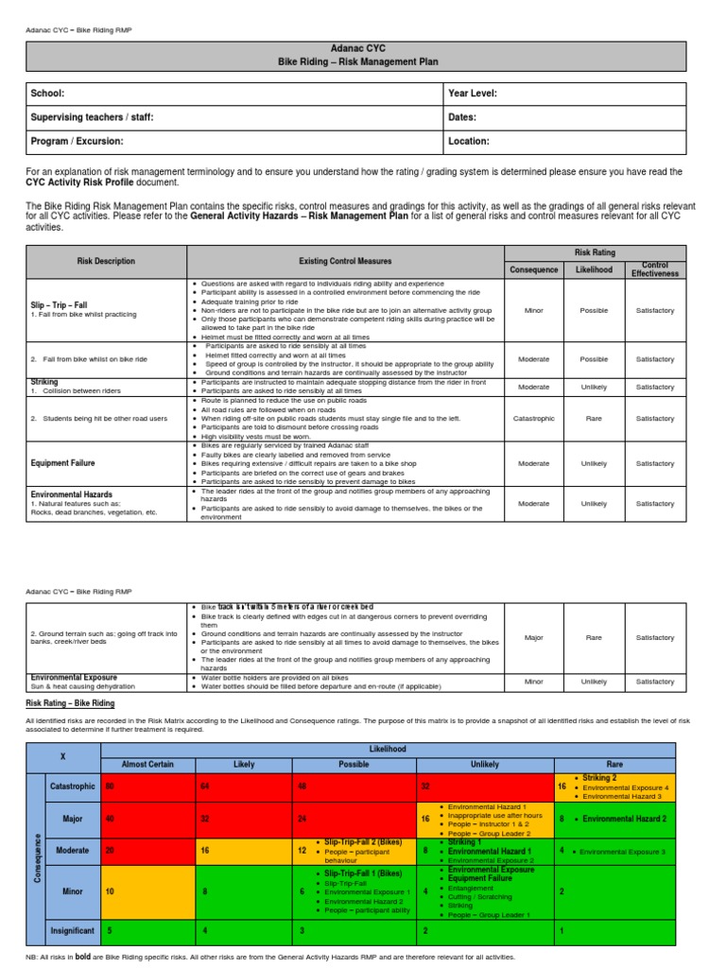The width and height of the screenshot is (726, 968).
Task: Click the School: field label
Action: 48,94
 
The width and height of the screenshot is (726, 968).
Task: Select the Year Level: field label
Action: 473,94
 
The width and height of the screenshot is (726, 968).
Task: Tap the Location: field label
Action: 469,141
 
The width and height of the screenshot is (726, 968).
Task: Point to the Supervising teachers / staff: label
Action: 92,117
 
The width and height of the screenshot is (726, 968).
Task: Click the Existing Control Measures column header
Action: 345,261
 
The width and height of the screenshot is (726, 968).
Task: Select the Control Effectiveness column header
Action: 654,269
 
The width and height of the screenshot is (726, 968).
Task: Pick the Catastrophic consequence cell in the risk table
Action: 533,418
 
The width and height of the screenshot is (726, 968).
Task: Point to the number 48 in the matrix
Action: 302,786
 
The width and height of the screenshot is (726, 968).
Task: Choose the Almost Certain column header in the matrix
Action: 147,764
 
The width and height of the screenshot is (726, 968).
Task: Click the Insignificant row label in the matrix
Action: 72,930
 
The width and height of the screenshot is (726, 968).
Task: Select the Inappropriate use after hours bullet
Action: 490,815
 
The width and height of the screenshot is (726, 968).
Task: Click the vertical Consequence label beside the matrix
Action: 35,859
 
